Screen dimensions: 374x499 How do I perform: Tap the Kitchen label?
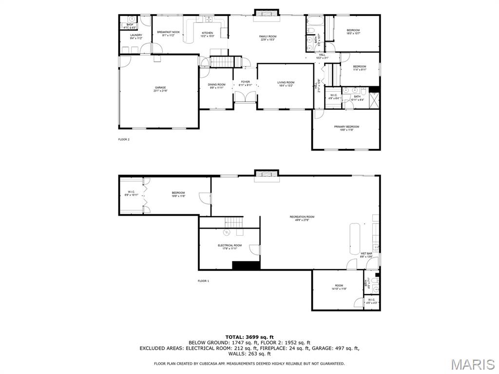coord(208,35)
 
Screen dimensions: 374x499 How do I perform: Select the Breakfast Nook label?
coord(168,34)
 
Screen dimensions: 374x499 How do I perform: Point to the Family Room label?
coord(268,38)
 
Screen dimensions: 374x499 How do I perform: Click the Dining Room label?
coord(217,86)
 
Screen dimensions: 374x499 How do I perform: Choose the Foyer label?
coord(245,83)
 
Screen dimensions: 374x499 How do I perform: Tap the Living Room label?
coord(286,84)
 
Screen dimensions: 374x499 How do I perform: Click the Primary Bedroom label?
coord(346,128)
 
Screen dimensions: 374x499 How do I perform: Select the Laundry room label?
coord(136,36)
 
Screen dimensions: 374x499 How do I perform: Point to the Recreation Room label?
coord(302,218)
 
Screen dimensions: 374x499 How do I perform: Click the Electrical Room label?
coord(230,247)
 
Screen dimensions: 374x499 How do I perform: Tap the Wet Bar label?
coord(366,255)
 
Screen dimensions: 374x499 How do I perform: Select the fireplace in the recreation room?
coord(267,175)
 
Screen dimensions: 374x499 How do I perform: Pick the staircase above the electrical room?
coord(233,223)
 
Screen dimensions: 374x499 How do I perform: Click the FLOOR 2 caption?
coord(124,139)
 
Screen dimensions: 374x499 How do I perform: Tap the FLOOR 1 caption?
coord(203,281)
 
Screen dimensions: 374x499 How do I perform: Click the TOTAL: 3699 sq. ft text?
coord(249,337)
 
